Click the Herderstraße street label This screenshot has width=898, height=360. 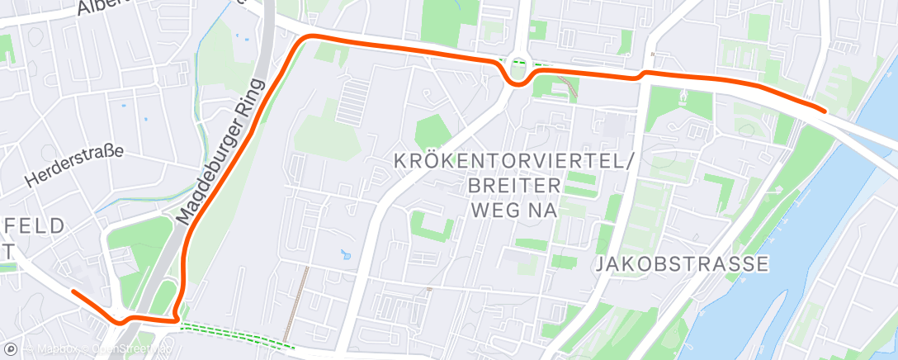[x=74, y=165]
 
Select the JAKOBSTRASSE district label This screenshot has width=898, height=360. [x=682, y=264]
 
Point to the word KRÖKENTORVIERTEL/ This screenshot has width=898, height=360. [x=514, y=161]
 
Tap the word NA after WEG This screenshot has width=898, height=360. [x=541, y=209]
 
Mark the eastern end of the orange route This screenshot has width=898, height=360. [x=824, y=109]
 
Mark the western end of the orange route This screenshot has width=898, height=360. [x=73, y=291]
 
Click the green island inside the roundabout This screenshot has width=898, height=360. [x=518, y=72]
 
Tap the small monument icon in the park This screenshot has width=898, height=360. [x=682, y=97]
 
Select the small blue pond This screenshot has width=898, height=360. [x=344, y=253]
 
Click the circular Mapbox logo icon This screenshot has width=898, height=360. [x=11, y=349]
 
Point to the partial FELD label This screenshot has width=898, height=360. [x=33, y=226]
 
